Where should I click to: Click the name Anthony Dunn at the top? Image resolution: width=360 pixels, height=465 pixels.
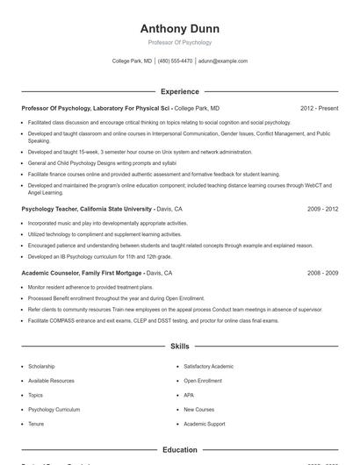179,28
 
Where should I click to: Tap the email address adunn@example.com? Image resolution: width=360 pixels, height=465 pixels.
223,61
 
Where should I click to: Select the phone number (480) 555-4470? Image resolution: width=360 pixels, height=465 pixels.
175,61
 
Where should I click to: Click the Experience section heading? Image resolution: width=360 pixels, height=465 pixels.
179,91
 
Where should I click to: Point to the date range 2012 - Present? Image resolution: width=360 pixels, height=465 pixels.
319,108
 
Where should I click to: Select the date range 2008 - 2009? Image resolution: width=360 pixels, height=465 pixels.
322,273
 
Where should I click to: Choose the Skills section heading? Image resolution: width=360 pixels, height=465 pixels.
179,347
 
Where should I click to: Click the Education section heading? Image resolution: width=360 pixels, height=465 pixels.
179,450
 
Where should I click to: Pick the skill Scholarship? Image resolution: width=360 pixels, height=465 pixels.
41,366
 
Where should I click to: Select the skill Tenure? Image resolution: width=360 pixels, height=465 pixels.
35,424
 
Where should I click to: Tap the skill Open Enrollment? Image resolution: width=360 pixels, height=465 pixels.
204,381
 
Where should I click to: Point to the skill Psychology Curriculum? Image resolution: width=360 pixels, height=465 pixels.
54,410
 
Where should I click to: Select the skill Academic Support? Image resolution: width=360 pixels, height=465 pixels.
205,424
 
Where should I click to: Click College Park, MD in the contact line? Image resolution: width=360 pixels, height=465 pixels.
132,61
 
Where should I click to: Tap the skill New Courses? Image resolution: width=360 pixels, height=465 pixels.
198,410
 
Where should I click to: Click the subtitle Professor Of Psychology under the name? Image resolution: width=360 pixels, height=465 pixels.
179,42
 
